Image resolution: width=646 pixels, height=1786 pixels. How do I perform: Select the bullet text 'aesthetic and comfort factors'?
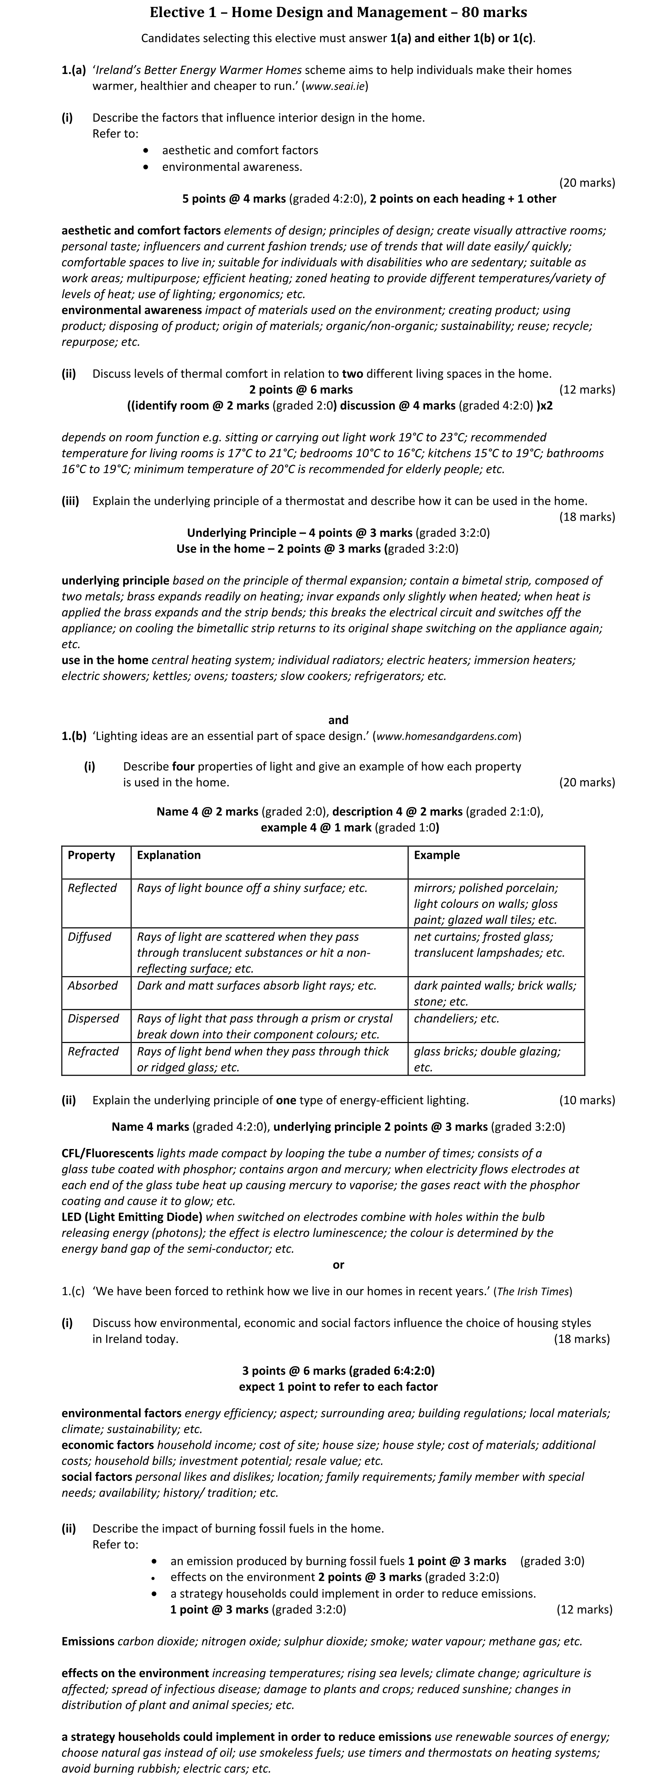click(240, 150)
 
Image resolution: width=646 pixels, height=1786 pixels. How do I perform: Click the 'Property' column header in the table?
click(91, 855)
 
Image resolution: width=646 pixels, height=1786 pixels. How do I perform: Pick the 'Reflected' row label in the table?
click(92, 888)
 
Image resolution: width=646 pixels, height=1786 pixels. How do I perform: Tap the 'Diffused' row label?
click(90, 937)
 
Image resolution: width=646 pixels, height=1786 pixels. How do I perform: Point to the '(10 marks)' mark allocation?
click(586, 1100)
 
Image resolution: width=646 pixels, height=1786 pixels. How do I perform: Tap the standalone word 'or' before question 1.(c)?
click(338, 1264)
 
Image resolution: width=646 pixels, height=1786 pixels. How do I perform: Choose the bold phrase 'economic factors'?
click(107, 1445)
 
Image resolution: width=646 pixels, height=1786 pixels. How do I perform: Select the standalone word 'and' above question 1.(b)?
click(338, 720)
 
